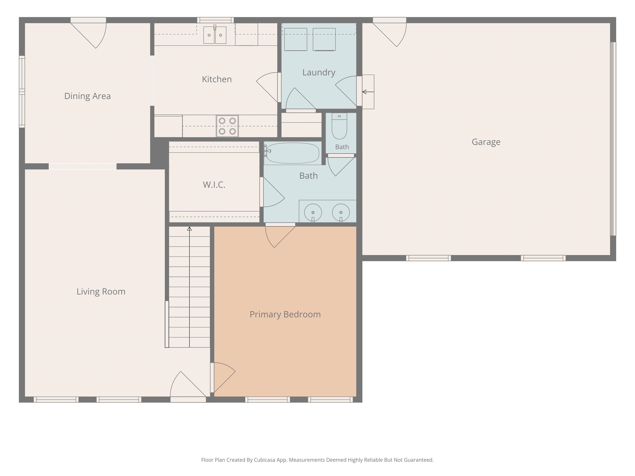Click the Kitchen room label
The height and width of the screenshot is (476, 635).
click(217, 79)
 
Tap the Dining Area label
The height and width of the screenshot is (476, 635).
click(88, 96)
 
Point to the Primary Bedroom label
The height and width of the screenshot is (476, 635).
click(285, 314)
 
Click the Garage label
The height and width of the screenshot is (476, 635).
click(486, 142)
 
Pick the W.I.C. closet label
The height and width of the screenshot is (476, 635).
click(214, 185)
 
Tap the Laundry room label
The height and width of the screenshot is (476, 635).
click(319, 72)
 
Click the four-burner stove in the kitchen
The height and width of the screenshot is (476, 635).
click(227, 126)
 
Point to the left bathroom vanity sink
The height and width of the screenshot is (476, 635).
click(313, 213)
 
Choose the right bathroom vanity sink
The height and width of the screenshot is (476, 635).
click(341, 213)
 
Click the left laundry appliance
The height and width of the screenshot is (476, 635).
click(296, 39)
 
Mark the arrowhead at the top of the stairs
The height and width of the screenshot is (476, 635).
click(190, 229)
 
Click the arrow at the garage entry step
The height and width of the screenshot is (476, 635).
click(368, 92)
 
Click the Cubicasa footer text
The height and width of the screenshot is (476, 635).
click(317, 460)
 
